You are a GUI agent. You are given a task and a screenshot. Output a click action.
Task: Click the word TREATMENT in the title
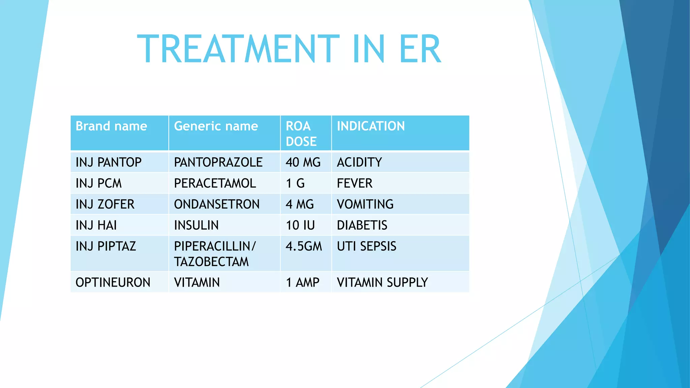(x=238, y=49)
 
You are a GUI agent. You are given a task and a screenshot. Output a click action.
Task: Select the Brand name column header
(x=112, y=126)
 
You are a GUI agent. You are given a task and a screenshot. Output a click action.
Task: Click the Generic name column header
(x=216, y=126)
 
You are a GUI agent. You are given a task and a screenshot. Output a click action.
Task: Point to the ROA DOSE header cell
(x=301, y=134)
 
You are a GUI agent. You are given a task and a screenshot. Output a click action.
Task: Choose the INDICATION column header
(x=371, y=126)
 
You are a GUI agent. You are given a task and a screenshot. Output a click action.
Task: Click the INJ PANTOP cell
(x=108, y=162)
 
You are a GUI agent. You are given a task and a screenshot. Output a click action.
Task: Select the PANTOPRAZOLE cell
(x=218, y=162)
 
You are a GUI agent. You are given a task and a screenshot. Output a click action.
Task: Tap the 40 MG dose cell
(x=303, y=162)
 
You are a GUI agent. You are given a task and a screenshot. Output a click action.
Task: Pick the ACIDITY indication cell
(x=359, y=162)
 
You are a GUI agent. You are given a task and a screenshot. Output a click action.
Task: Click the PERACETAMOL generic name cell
(x=215, y=183)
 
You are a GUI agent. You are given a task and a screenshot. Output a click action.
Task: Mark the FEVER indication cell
(x=354, y=183)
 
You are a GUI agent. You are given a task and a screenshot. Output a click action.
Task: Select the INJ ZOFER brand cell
(x=105, y=204)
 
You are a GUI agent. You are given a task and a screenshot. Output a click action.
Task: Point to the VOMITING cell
(x=365, y=204)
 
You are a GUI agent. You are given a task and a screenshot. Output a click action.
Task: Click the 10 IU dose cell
(x=300, y=225)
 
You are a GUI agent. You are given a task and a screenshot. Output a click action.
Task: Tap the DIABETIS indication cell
(x=362, y=225)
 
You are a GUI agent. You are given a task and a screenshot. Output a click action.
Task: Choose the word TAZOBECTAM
(x=211, y=262)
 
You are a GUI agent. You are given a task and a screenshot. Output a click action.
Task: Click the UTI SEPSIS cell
(x=367, y=246)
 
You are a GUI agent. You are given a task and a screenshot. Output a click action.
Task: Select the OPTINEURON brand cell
(x=113, y=282)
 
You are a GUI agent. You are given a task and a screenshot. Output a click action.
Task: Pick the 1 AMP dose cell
(x=303, y=282)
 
